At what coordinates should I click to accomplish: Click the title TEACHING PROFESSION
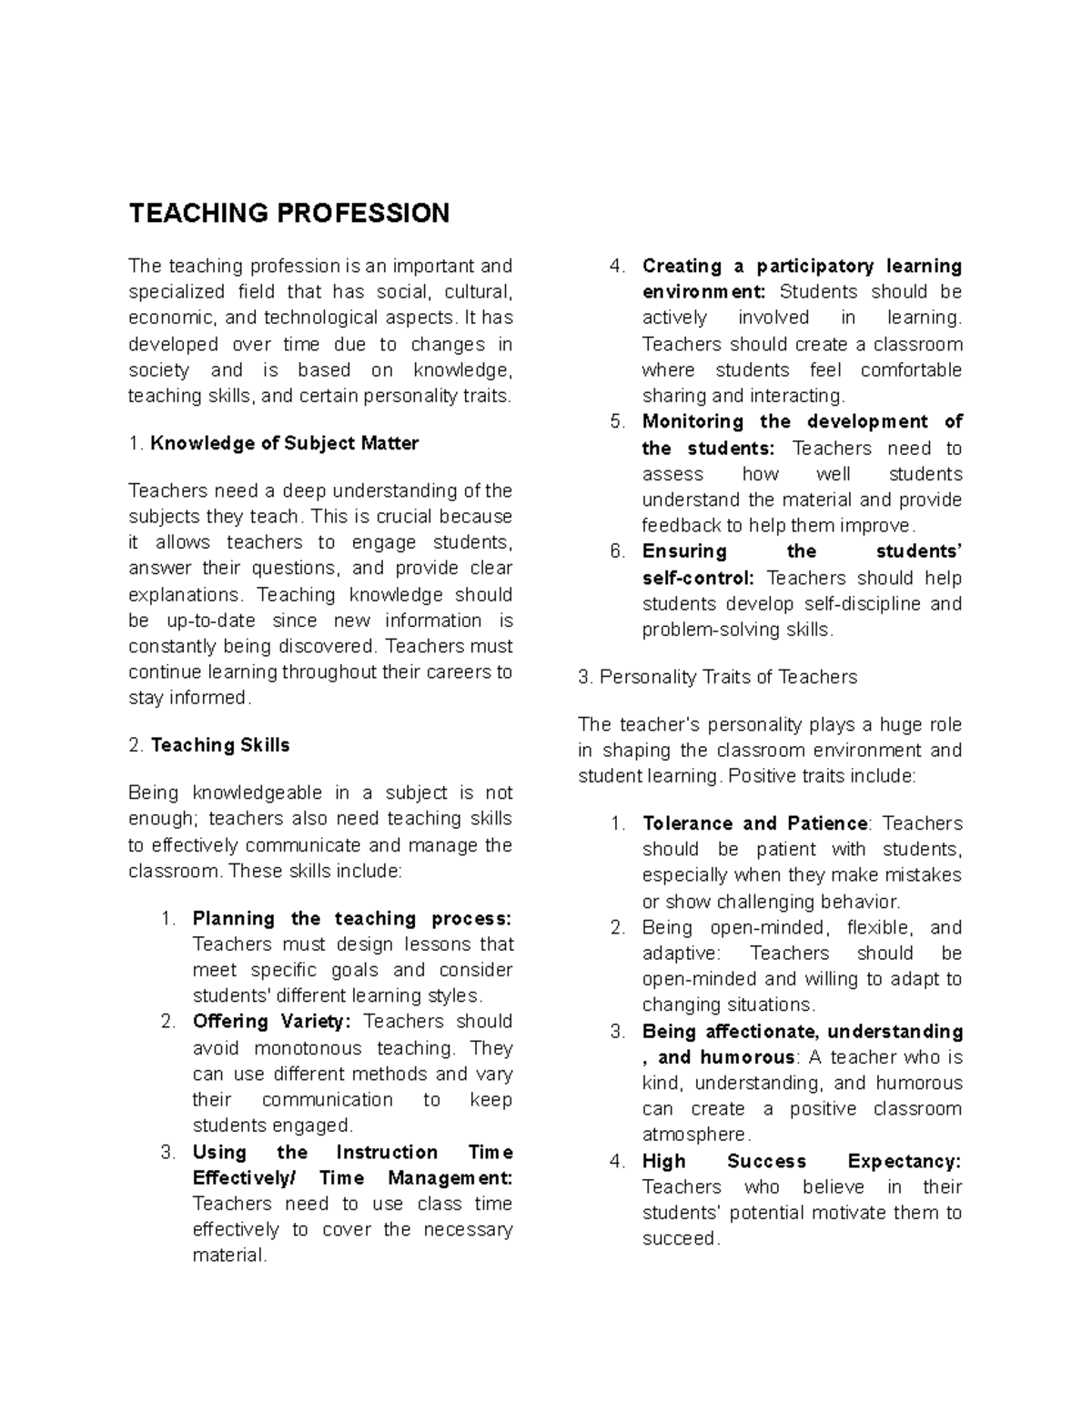288,213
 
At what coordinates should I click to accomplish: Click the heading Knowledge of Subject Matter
284,443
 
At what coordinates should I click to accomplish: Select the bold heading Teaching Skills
219,745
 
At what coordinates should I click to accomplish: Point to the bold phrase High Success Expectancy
801,1161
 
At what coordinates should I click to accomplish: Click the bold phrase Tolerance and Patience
754,823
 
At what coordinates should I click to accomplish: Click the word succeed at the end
679,1238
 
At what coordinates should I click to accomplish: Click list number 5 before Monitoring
618,421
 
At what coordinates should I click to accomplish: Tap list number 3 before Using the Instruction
167,1152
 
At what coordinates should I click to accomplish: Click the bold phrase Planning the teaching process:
351,918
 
